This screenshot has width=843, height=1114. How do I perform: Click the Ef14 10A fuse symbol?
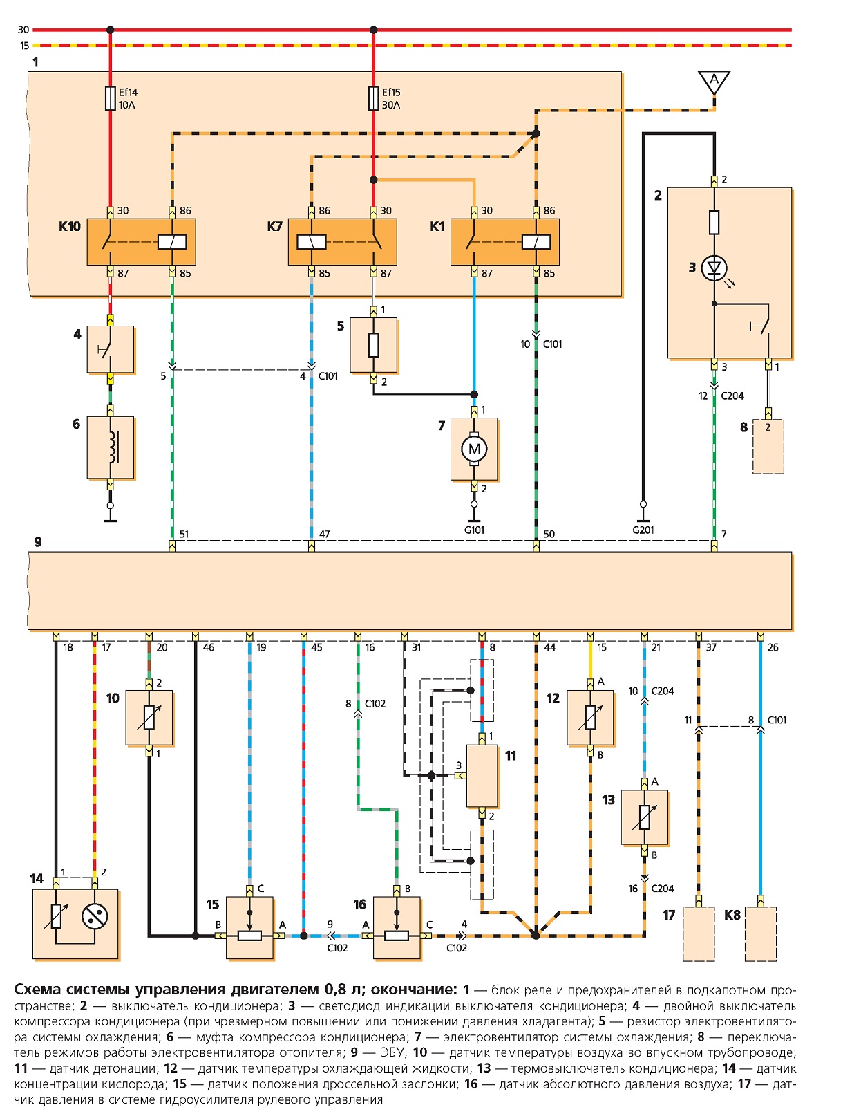(110, 98)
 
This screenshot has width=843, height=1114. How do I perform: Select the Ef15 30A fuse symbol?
(373, 98)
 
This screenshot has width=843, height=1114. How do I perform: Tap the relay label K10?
(70, 226)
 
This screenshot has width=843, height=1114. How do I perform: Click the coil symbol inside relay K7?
(311, 242)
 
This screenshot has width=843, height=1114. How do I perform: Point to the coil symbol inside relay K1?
(536, 242)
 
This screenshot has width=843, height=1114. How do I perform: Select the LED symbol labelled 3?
(714, 268)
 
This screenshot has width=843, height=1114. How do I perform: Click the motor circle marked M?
(474, 449)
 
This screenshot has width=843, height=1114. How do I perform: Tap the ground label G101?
(474, 530)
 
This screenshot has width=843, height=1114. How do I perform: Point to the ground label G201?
(643, 530)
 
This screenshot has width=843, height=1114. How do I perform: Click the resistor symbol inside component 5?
(373, 345)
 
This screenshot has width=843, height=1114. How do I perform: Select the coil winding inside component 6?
(113, 447)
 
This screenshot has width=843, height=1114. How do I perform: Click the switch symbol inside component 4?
(104, 349)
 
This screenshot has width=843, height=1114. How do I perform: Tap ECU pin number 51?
(184, 534)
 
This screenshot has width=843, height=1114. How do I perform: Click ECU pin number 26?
(773, 647)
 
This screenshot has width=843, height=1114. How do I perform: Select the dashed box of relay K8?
(760, 934)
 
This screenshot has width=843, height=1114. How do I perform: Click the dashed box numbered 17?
(699, 934)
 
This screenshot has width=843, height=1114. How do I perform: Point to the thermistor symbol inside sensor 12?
(590, 718)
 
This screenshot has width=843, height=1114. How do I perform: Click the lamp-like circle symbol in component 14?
(95, 916)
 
